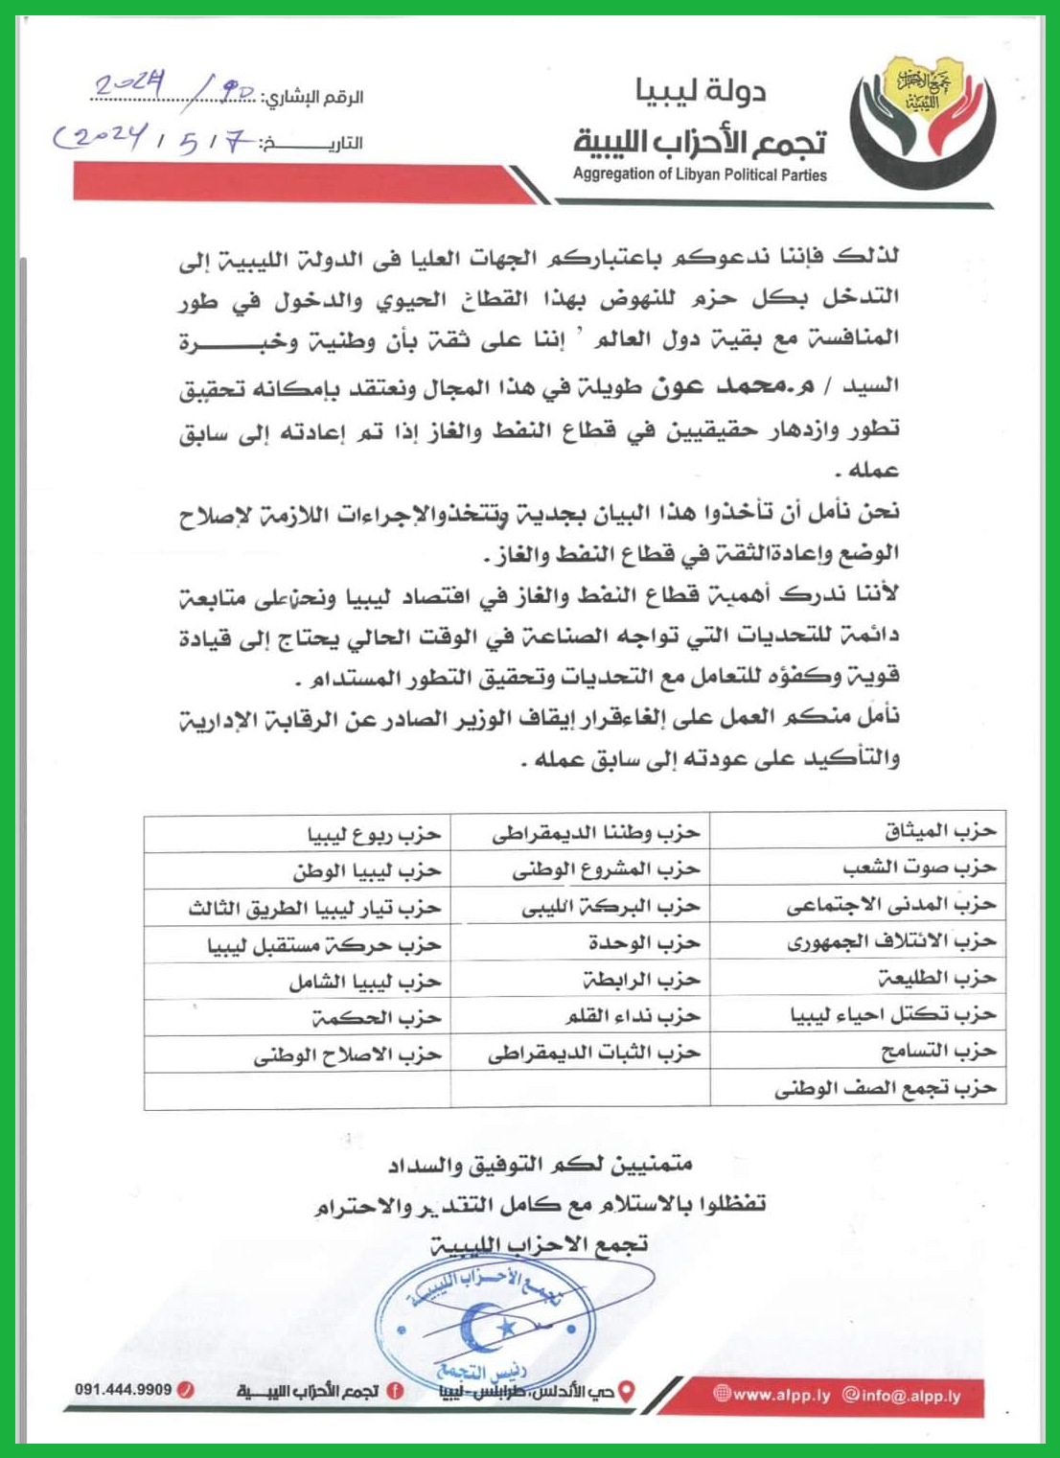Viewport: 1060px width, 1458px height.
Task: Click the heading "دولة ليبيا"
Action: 701,92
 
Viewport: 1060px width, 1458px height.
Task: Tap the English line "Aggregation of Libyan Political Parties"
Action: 700,174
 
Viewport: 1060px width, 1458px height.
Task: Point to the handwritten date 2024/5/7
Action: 153,142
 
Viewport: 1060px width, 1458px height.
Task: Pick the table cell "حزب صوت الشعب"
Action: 919,868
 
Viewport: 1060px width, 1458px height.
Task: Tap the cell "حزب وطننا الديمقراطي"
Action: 596,833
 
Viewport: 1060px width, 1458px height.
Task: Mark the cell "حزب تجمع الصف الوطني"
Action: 886,1089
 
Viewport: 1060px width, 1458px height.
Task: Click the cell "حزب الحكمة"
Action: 376,1017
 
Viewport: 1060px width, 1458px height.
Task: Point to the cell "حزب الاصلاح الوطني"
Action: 347,1054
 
